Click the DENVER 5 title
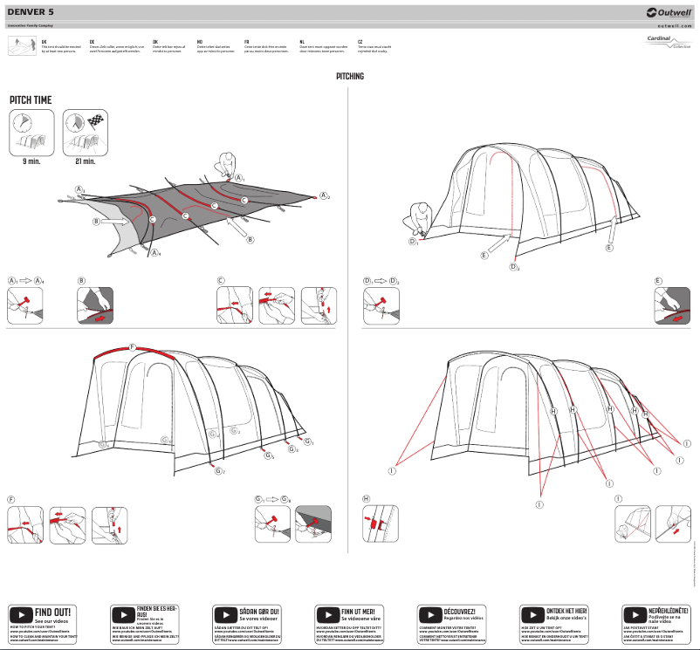pos(31,11)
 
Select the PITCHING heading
pos(350,77)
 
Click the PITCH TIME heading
pos(31,100)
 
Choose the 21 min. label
pos(85,161)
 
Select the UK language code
pos(45,41)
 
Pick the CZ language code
pos(360,41)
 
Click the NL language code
pos(301,41)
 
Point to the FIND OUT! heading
pos(52,612)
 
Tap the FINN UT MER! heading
pos(359,612)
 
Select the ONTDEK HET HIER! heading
pos(566,612)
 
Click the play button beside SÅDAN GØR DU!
pos(225,613)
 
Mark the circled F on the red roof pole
pos(132,346)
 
